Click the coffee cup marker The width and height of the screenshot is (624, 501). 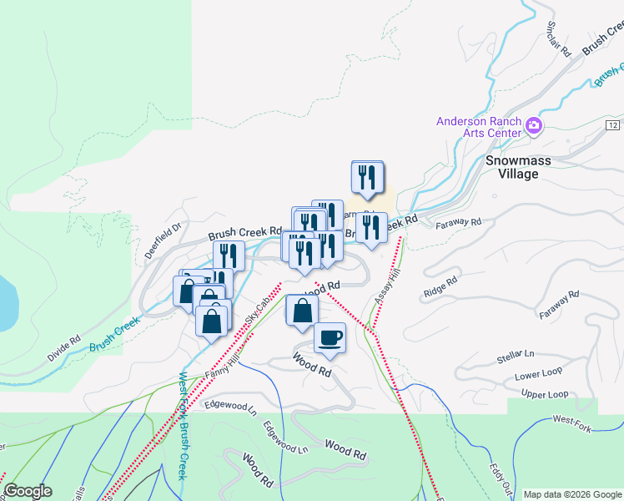(x=330, y=337)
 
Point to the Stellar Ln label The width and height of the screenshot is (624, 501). (x=516, y=358)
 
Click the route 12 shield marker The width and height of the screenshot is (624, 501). (x=613, y=124)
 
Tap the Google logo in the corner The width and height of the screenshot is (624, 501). (x=28, y=491)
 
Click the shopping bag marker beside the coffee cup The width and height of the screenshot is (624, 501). (x=301, y=311)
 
